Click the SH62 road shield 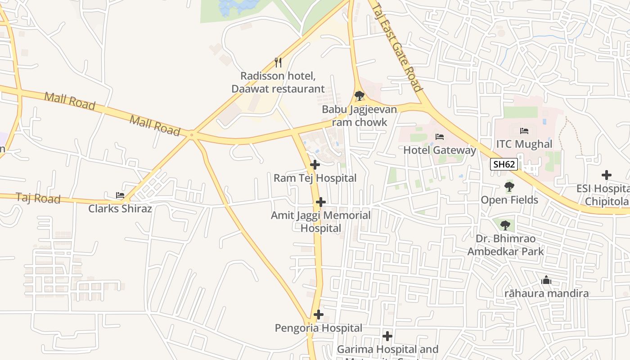pyautogui.click(x=504, y=164)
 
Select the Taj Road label pyautogui.click(x=38, y=198)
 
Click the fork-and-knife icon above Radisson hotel pyautogui.click(x=278, y=62)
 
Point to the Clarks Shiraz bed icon pyautogui.click(x=120, y=195)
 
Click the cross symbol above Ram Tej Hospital pyautogui.click(x=315, y=165)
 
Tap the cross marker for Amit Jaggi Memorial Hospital pyautogui.click(x=320, y=202)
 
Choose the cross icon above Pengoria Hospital pyautogui.click(x=319, y=315)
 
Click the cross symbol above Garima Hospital pyautogui.click(x=387, y=336)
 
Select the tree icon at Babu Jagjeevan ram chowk pyautogui.click(x=359, y=95)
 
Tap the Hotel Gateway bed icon pyautogui.click(x=440, y=136)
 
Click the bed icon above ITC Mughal pyautogui.click(x=524, y=131)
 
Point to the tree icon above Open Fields pyautogui.click(x=509, y=186)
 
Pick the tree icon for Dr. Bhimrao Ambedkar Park pyautogui.click(x=505, y=225)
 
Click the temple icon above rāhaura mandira pyautogui.click(x=546, y=280)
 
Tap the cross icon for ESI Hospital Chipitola pyautogui.click(x=607, y=175)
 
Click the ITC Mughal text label pyautogui.click(x=524, y=144)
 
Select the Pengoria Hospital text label pyautogui.click(x=319, y=328)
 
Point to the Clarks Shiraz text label pyautogui.click(x=120, y=208)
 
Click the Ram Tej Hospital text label pyautogui.click(x=315, y=178)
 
